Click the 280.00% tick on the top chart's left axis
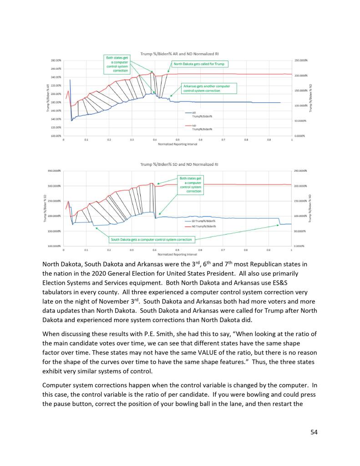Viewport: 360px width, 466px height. click(x=56, y=60)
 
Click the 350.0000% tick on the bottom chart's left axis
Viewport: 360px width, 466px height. click(x=55, y=171)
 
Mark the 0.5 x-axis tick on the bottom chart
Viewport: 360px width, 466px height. click(x=177, y=250)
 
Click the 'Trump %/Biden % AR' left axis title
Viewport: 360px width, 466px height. click(x=47, y=98)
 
